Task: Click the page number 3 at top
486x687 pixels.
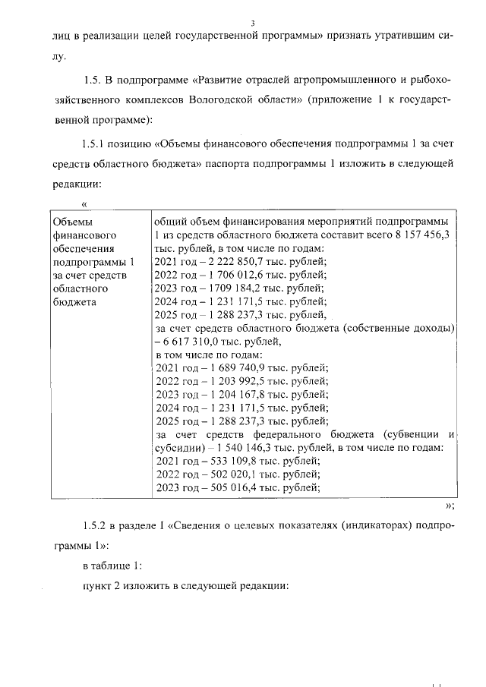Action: pyautogui.click(x=252, y=23)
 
